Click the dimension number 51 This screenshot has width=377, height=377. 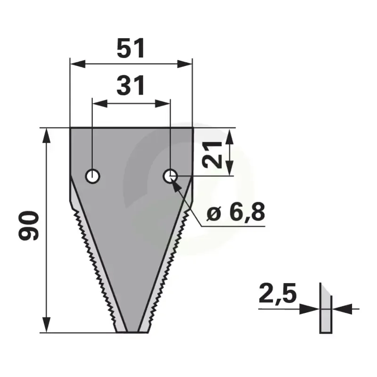click(131, 48)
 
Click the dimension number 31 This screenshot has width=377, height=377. click(131, 85)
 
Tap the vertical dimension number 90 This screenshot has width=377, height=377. click(29, 226)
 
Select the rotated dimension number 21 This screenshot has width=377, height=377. click(212, 155)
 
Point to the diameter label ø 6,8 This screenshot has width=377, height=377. click(236, 212)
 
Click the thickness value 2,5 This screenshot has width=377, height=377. click(278, 294)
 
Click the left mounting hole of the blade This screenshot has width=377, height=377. click(92, 176)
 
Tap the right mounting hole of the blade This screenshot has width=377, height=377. click(170, 176)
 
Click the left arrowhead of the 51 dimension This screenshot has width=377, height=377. click(77, 64)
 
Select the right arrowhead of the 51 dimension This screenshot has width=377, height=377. click(185, 64)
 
